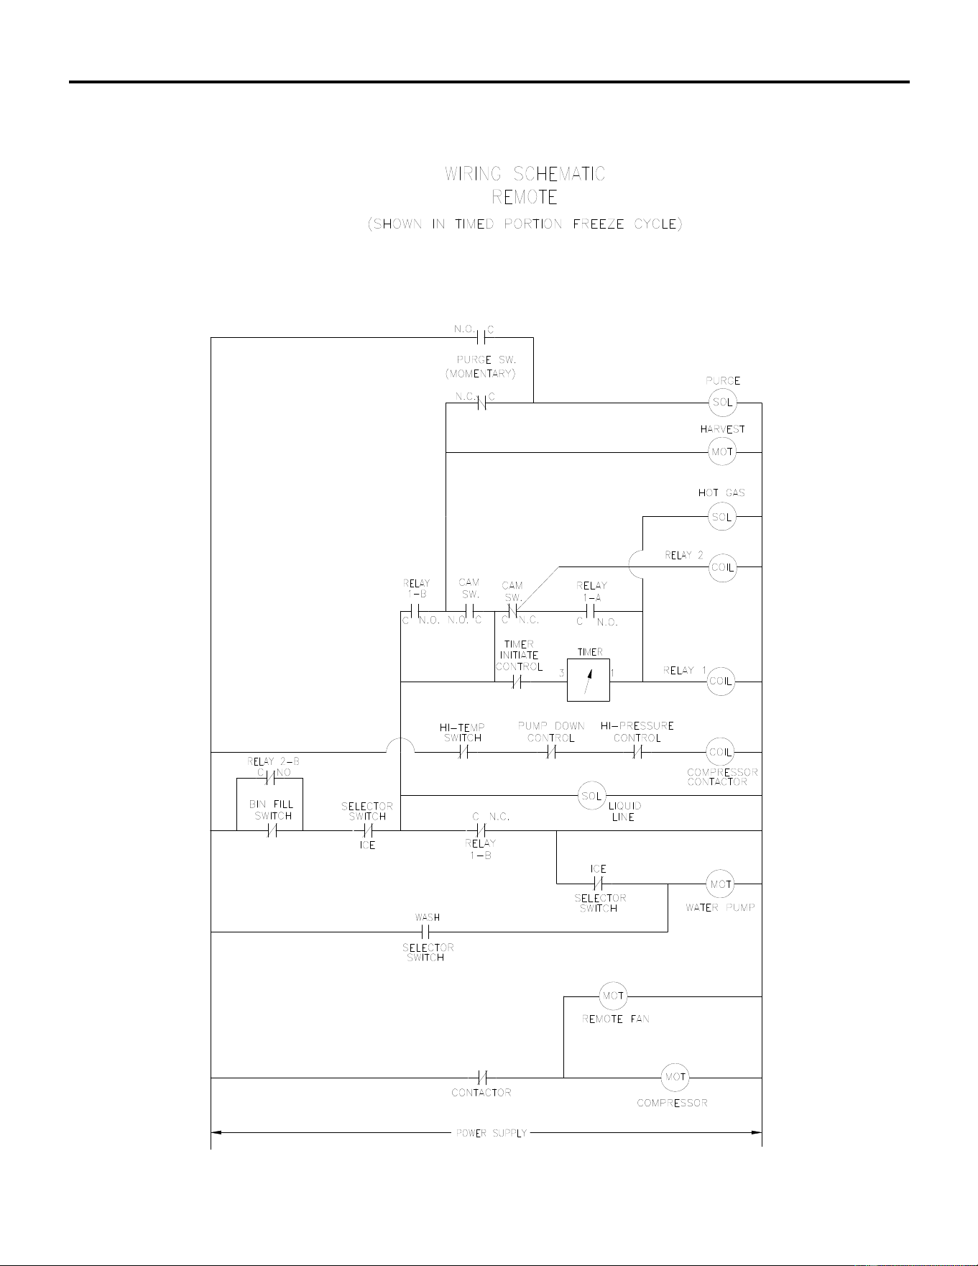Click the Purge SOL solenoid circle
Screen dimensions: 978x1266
pos(722,403)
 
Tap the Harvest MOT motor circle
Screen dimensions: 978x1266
pos(722,452)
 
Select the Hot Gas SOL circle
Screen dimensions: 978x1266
pos(722,517)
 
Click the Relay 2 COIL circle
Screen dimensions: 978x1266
pos(722,567)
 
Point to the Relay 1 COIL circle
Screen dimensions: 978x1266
pos(721,681)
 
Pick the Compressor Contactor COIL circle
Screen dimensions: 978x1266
pos(720,752)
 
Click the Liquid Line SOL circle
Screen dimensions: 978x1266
pos(592,796)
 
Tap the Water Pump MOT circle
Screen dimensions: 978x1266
pos(721,884)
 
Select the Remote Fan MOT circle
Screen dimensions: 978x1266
pos(613,996)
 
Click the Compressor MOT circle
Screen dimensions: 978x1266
pos(675,1078)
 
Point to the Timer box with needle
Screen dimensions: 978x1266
pos(589,680)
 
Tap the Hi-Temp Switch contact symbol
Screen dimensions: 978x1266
pos(464,753)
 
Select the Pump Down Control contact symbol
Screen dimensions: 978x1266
pos(551,753)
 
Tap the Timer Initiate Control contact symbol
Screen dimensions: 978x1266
pos(517,682)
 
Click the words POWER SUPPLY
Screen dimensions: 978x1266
pos(492,1134)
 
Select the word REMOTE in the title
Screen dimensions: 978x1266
pos(525,197)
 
